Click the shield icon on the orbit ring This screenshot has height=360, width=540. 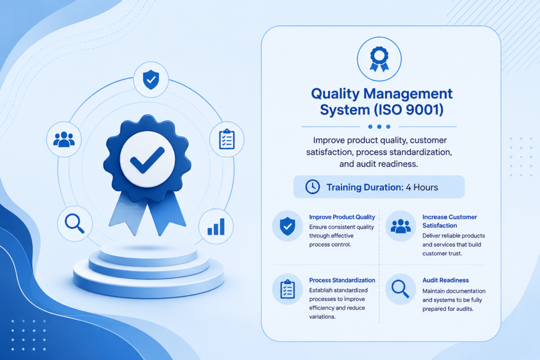tap(151, 80)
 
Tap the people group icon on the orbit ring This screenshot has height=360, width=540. tap(64, 139)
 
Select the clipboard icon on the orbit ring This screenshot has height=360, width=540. tap(227, 139)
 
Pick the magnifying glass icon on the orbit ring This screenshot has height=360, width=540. tap(75, 223)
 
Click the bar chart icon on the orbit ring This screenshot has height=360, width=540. tap(216, 227)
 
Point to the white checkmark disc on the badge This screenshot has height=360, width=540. tap(148, 159)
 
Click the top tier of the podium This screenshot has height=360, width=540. tap(148, 254)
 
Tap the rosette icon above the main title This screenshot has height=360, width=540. tap(379, 59)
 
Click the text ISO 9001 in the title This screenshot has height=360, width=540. tap(408, 110)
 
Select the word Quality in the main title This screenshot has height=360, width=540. tap(335, 94)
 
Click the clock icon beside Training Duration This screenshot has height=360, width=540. tap(313, 187)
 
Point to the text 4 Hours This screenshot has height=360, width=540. tap(422, 187)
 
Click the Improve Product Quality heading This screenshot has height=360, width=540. tap(342, 217)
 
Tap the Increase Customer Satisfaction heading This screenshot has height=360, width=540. tap(449, 221)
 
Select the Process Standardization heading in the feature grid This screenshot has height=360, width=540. tap(342, 280)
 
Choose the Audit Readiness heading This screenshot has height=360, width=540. tap(446, 280)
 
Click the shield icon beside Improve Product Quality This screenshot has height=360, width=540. tap(287, 226)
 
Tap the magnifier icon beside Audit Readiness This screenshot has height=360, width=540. tap(400, 289)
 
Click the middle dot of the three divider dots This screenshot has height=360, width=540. tap(379, 127)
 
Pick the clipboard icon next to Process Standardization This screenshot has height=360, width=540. tap(287, 289)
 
